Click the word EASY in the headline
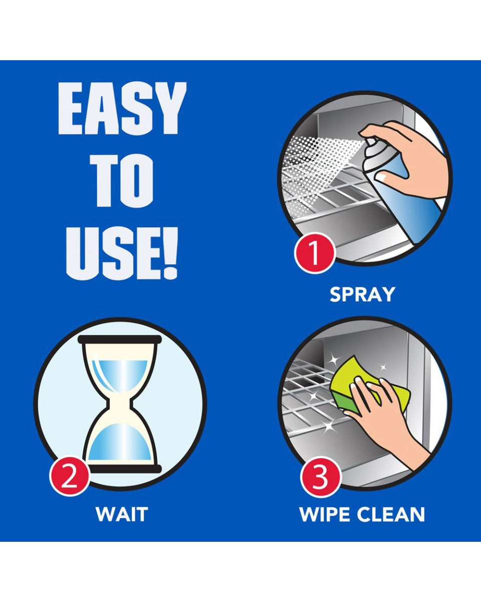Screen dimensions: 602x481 click(122, 109)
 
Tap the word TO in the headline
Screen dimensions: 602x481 click(122, 182)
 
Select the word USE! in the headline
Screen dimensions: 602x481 click(122, 254)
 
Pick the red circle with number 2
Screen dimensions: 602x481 click(69, 476)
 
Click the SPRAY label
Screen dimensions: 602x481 click(362, 294)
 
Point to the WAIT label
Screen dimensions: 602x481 click(122, 514)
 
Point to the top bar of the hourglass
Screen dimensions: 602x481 click(120, 340)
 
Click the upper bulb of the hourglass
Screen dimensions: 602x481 click(120, 371)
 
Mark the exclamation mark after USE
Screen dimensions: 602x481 click(170, 254)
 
